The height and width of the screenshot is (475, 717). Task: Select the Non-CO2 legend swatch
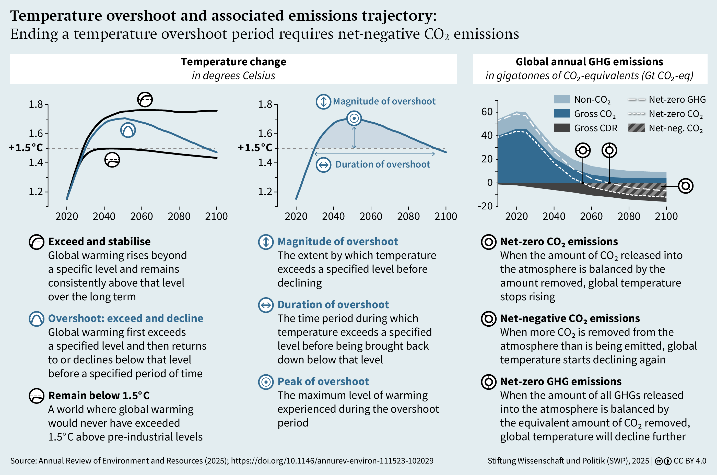click(x=562, y=99)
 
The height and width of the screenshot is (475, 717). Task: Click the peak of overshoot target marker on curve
click(x=354, y=118)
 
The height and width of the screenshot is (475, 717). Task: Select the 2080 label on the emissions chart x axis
click(x=629, y=216)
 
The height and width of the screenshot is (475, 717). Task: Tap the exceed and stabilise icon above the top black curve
click(x=145, y=99)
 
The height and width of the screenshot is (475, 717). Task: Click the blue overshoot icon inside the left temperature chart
click(x=128, y=130)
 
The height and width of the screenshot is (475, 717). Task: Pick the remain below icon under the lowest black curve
click(x=112, y=160)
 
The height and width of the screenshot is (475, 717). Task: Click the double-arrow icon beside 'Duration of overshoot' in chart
click(x=324, y=165)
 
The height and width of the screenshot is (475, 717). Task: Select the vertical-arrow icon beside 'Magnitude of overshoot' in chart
click(x=323, y=101)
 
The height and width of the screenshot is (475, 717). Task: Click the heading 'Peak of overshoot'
click(x=323, y=381)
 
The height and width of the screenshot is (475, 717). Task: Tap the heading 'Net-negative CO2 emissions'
click(x=570, y=318)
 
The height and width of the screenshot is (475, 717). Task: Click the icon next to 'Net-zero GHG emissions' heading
click(x=489, y=382)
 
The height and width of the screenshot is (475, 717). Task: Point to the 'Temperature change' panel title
click(x=233, y=62)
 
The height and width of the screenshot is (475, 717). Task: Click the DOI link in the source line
click(x=332, y=461)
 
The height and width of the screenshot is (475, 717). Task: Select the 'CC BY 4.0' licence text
click(x=690, y=461)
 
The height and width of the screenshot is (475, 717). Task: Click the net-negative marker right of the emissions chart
click(x=686, y=186)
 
